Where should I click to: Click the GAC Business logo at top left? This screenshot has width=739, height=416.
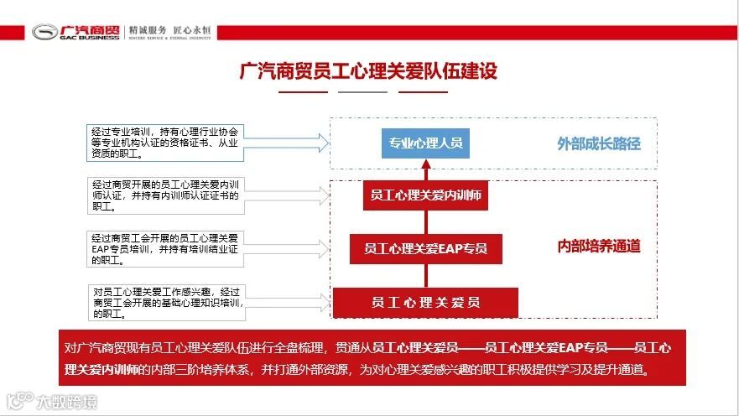[75, 32]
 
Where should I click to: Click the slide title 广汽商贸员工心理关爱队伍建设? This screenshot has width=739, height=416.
[368, 70]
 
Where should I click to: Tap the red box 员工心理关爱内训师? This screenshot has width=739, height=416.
[426, 196]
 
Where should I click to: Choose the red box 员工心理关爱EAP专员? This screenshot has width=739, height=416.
[425, 248]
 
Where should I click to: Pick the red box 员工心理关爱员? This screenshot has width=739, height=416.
[425, 302]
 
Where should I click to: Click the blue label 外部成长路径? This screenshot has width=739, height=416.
[599, 143]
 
